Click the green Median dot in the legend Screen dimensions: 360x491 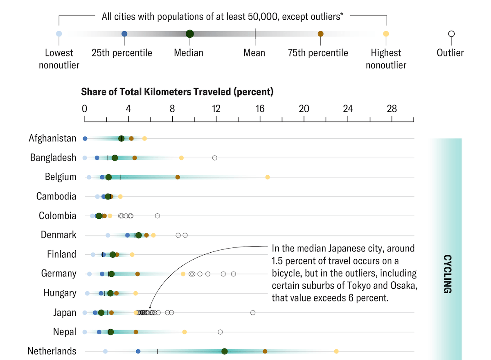point(189,34)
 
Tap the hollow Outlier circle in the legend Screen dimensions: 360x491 point(451,34)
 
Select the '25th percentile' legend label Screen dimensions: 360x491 point(122,53)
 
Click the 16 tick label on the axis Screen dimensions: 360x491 point(260,109)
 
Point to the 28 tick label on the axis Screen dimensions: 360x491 point(392,109)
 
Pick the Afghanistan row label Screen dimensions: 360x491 point(52,138)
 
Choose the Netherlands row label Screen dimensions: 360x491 point(52,351)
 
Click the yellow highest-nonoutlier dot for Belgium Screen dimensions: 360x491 point(268,177)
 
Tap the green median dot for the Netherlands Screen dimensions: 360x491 point(224,351)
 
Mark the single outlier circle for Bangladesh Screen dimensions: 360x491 point(214,158)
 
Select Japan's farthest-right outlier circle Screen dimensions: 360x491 point(253,313)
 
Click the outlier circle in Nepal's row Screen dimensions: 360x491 point(220,332)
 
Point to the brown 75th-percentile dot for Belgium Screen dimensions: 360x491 point(178,177)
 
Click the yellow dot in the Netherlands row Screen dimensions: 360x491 point(336,351)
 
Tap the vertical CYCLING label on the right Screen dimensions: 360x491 point(447,274)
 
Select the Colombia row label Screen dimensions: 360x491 point(57,216)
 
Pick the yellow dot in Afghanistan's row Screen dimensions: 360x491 point(144,138)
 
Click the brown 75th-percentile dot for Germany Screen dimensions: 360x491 point(137,274)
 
